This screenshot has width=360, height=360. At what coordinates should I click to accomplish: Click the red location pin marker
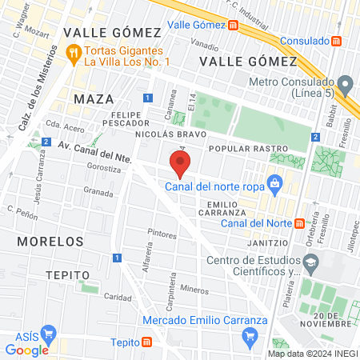[181, 164]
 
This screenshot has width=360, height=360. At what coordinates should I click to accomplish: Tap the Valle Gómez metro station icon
[233, 25]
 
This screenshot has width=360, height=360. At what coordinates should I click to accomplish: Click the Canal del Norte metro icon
[299, 223]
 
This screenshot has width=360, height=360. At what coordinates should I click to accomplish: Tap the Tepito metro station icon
[146, 342]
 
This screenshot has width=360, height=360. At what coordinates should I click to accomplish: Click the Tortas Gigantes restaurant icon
[74, 54]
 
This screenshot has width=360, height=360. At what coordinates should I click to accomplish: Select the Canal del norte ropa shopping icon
[274, 183]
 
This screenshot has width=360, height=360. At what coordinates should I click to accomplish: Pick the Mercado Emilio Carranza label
[205, 321]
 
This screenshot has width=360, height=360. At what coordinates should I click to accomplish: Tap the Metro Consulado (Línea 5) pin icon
[345, 83]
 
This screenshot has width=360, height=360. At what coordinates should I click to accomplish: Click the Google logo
[26, 350]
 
